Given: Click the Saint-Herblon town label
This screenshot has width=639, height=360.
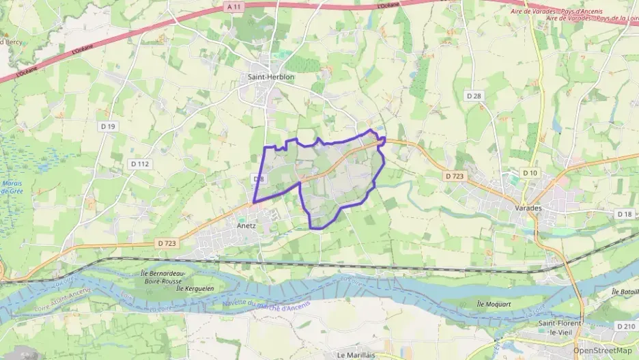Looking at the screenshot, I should [271, 77].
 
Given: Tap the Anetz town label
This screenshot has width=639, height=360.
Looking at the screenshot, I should [246, 225].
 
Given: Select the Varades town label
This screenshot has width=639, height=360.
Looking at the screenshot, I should [528, 208].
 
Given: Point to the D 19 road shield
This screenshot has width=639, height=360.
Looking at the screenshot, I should [108, 126].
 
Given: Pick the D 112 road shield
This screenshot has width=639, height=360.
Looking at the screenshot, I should [139, 164].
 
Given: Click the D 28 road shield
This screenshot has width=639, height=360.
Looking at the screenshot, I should [474, 96].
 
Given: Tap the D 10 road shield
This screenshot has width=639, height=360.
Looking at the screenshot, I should [530, 173].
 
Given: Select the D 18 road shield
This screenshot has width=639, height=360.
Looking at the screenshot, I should [624, 214].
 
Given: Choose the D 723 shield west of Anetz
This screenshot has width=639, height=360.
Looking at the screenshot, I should [167, 243].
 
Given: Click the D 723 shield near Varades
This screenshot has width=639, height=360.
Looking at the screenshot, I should [455, 176].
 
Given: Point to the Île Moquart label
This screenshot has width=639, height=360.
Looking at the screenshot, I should [491, 303].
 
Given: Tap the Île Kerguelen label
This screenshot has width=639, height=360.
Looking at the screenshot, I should [195, 288].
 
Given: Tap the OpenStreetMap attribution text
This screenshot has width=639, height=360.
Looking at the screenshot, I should [602, 350].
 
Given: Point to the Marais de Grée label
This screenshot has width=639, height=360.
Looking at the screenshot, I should [12, 187].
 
